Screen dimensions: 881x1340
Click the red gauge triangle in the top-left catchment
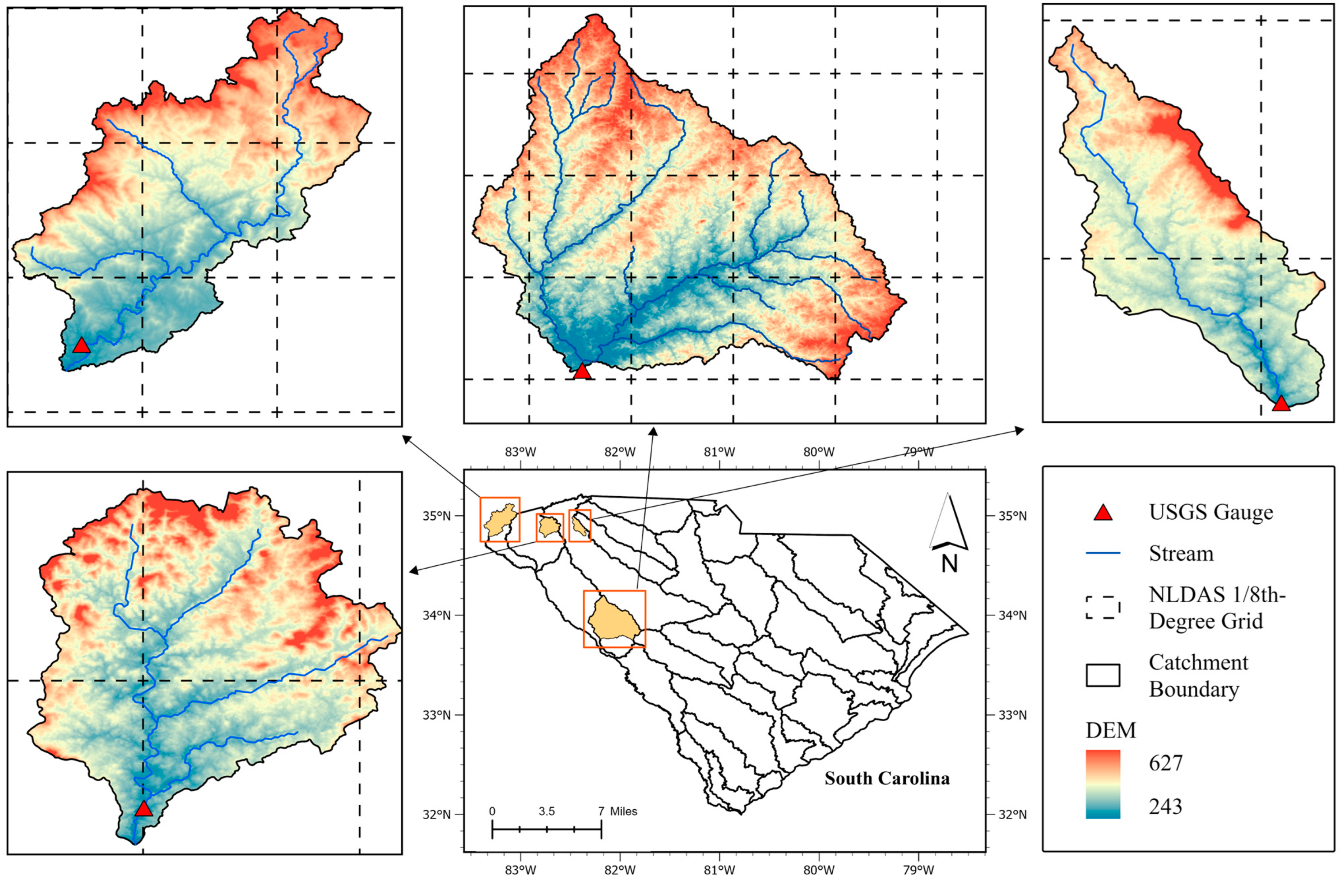point(81,346)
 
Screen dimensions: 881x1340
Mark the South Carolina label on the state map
point(887,779)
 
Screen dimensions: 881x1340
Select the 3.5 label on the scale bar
point(546,812)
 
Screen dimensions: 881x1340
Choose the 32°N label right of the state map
point(1005,814)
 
